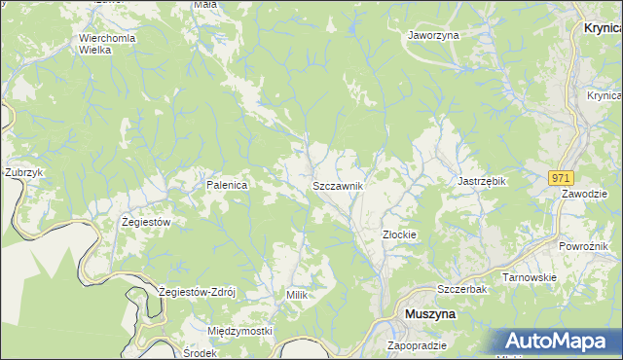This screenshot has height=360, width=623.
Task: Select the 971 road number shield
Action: (560, 178)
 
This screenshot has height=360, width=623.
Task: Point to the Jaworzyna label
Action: (433, 34)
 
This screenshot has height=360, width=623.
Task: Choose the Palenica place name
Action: (226, 184)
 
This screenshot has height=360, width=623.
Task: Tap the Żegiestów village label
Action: (146, 222)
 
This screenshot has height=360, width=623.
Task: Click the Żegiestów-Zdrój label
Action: (203, 292)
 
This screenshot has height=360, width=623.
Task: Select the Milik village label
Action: (297, 294)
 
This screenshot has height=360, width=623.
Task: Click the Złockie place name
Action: (399, 234)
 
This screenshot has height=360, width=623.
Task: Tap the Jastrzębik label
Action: (484, 181)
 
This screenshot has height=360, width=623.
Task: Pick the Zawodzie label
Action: (584, 194)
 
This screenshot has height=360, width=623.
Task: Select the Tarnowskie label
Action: (529, 277)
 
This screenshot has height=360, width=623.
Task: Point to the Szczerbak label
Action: (461, 290)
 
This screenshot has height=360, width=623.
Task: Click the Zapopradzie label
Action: (417, 345)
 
